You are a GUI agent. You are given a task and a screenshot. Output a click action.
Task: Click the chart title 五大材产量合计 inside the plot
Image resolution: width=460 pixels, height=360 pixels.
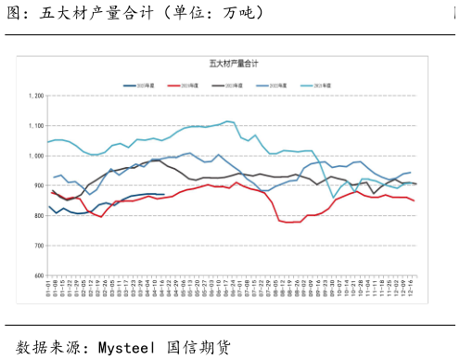230,63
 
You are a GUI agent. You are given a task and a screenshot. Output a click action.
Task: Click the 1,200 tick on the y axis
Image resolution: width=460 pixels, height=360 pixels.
36,96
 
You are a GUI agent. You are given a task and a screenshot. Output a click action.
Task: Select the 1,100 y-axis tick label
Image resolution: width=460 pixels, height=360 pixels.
36,125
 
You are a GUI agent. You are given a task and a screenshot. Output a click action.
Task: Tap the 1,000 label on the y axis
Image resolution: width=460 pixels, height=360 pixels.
36,156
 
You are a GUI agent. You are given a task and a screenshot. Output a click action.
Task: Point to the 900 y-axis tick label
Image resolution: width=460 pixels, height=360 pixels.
38,186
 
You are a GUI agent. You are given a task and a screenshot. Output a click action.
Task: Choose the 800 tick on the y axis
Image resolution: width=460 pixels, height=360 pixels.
38,216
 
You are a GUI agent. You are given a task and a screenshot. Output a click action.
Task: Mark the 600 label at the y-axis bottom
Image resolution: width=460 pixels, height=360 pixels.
38,276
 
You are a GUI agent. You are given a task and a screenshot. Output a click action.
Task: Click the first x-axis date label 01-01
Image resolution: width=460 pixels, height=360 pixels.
48,291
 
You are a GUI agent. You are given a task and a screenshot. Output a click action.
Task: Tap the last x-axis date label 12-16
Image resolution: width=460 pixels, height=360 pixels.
413,291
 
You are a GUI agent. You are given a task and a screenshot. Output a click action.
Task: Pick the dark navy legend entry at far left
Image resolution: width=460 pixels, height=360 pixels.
143,84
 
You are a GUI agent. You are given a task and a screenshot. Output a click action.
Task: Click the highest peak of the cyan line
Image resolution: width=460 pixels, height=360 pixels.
227,122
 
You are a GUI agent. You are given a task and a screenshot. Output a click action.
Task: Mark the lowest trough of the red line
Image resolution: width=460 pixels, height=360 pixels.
289,222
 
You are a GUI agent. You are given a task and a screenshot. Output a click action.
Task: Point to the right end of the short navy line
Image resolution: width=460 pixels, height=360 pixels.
164,195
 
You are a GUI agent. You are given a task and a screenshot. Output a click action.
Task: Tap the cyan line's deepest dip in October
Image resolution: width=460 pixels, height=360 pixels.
333,198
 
